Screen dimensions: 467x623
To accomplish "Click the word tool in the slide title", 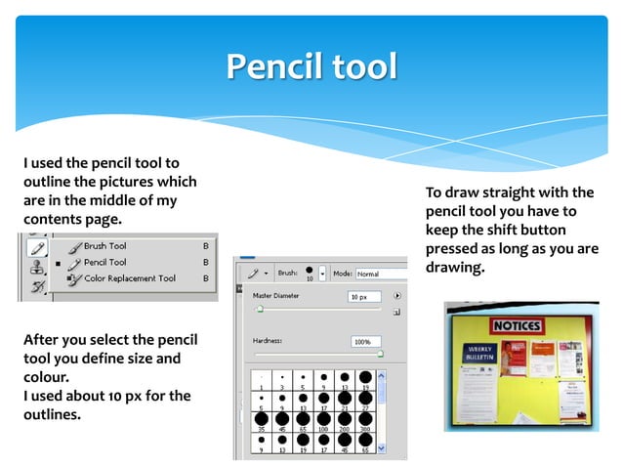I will [x=362, y=66].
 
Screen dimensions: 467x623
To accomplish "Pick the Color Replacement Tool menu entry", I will [x=129, y=278].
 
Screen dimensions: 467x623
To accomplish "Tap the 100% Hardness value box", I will [x=367, y=343].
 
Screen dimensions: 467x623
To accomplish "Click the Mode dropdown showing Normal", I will [x=380, y=274].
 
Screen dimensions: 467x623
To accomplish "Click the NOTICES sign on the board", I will [x=517, y=324].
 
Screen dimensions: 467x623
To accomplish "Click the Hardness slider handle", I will [x=380, y=355].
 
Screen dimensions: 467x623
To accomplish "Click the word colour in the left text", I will [x=45, y=376].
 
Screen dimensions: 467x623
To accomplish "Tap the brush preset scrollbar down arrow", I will [x=382, y=454].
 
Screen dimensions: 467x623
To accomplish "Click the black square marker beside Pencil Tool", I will [x=59, y=264].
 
